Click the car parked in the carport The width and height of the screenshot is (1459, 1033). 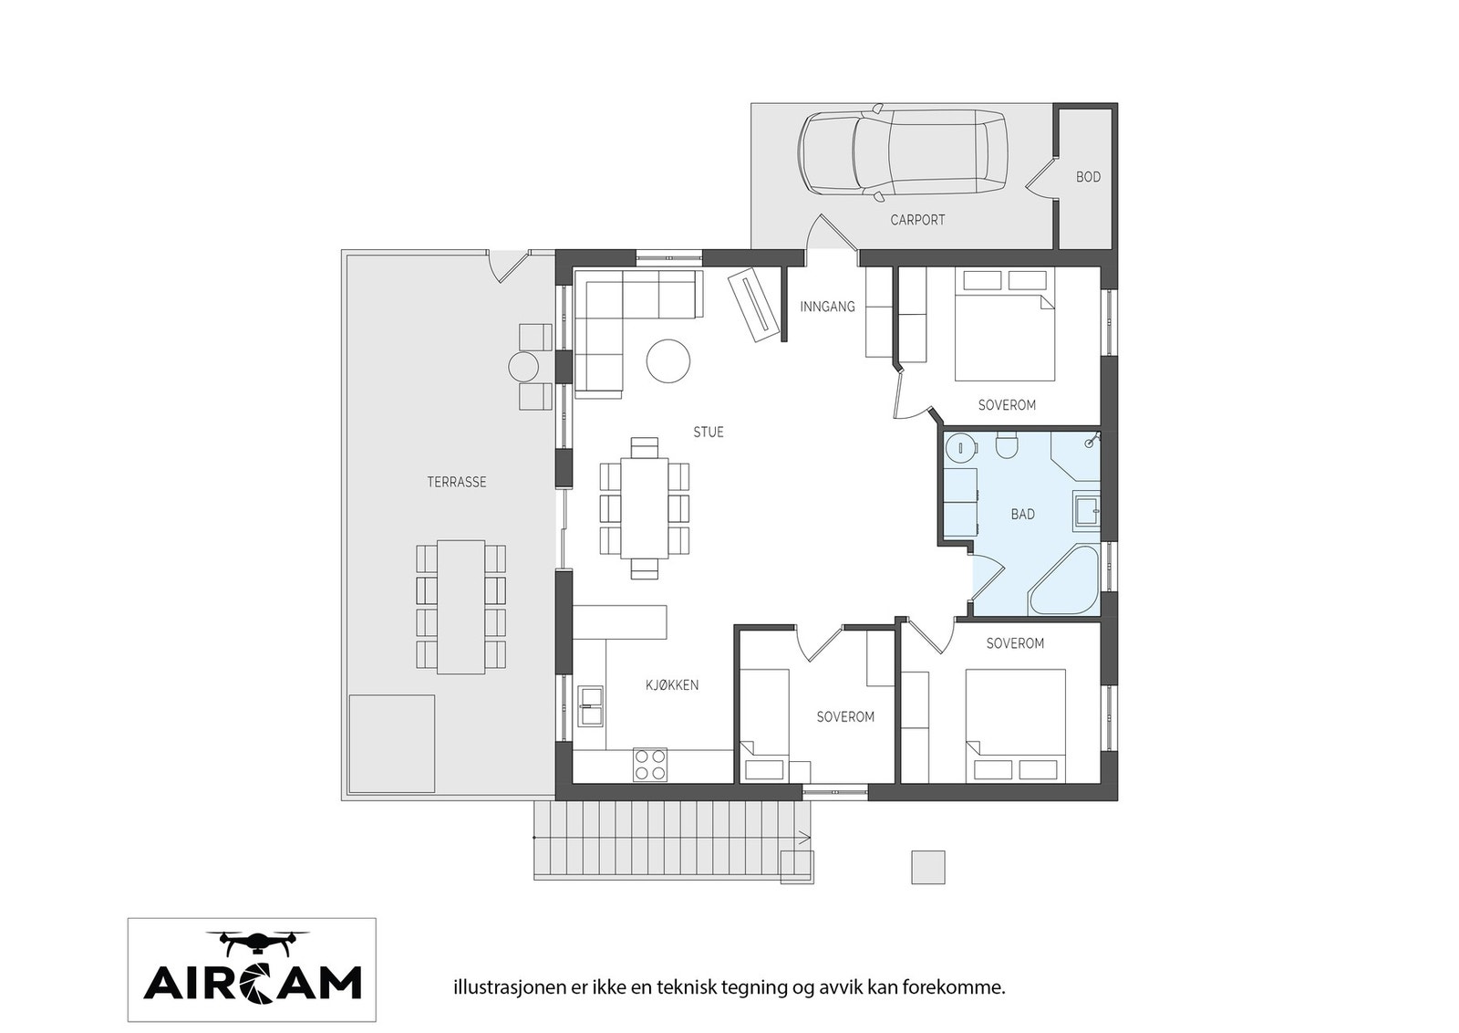coord(903,153)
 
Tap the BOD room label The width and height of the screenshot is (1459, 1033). coord(1088,177)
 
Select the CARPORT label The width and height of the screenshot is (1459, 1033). coord(917,220)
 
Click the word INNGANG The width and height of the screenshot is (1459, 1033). coord(827,307)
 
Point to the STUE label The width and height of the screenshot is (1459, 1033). coord(709,433)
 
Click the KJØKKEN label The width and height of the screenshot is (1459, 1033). coord(672,685)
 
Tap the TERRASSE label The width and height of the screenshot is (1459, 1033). coord(457,482)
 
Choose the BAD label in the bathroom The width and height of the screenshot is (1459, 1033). coord(1022,515)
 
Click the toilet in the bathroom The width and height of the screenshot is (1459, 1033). coord(1007,446)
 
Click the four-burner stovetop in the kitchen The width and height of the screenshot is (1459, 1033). coord(650,764)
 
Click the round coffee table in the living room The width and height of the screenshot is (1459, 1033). coord(667,361)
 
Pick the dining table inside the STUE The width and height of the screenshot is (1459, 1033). coord(644,507)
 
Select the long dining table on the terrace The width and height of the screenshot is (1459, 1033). coord(460,607)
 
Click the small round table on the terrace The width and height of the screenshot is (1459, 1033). coord(525,367)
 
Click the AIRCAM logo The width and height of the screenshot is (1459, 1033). coord(252,969)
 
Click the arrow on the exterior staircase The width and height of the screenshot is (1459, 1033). coord(803,835)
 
